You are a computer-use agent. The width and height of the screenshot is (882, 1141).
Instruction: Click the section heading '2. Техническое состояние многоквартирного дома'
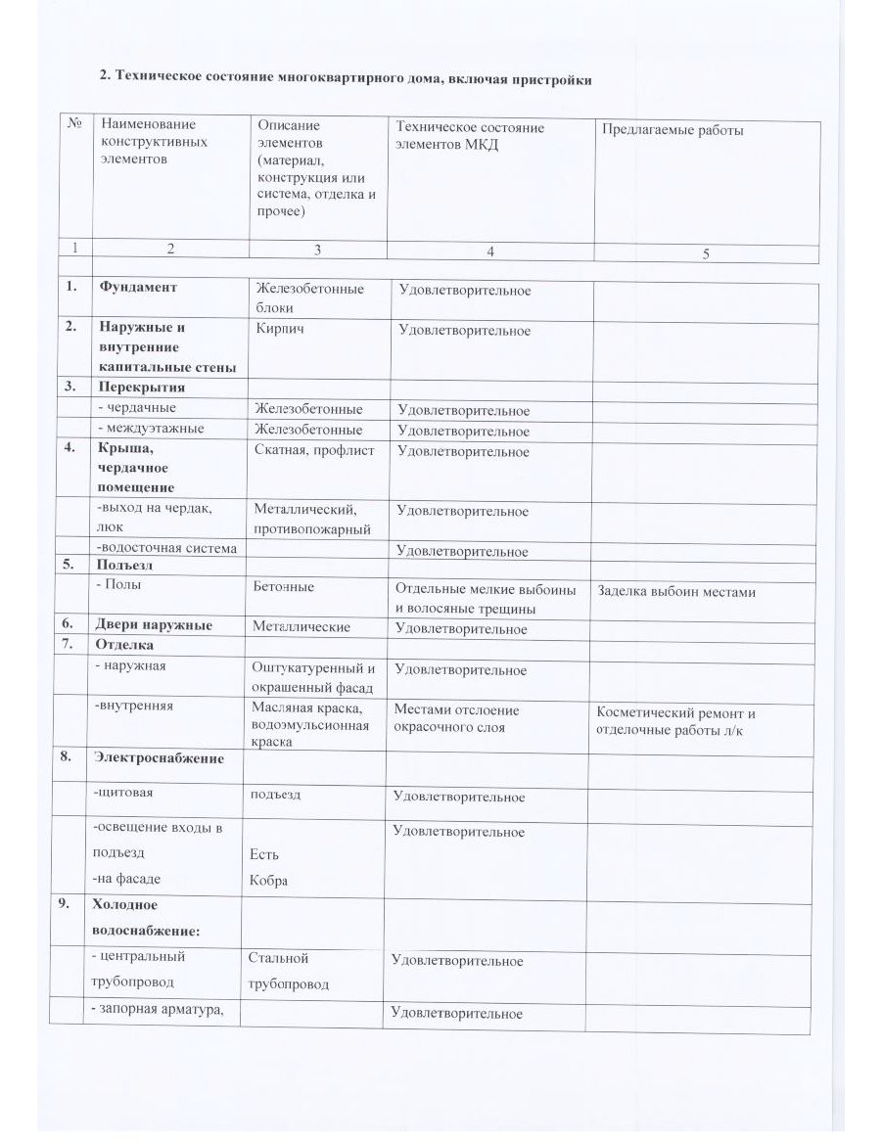(346, 79)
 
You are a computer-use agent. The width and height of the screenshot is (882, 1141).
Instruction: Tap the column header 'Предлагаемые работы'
(672, 129)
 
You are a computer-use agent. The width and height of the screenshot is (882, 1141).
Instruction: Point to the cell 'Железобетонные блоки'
(309, 297)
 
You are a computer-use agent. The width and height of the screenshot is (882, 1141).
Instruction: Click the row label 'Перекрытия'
(140, 388)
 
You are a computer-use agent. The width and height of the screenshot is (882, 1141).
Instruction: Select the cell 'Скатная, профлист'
(314, 450)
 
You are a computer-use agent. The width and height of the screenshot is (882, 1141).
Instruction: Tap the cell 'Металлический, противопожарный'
(312, 520)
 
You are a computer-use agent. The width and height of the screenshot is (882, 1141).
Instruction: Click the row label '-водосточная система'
(166, 548)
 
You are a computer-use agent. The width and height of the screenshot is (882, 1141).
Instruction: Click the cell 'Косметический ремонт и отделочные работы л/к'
(675, 722)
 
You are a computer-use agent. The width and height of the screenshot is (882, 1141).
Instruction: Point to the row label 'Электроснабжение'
(159, 757)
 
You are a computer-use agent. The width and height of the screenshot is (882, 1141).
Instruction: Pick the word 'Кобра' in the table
(269, 881)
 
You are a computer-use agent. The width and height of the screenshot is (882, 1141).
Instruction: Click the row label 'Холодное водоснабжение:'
(144, 918)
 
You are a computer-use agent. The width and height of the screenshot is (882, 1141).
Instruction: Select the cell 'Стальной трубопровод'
(288, 971)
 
